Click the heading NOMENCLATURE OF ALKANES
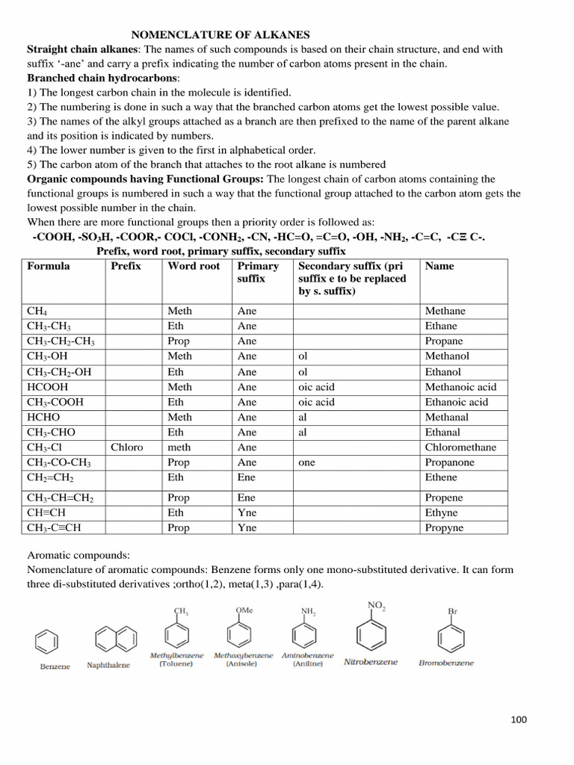(220, 34)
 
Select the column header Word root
(194, 266)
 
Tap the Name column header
(439, 266)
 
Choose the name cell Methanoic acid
(460, 387)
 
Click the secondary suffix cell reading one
(306, 462)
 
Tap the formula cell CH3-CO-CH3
(59, 462)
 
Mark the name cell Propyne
(444, 527)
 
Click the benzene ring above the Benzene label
(46, 640)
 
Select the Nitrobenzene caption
(371, 661)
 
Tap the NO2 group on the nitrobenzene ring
(376, 606)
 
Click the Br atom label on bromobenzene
(452, 611)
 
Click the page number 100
(519, 719)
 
